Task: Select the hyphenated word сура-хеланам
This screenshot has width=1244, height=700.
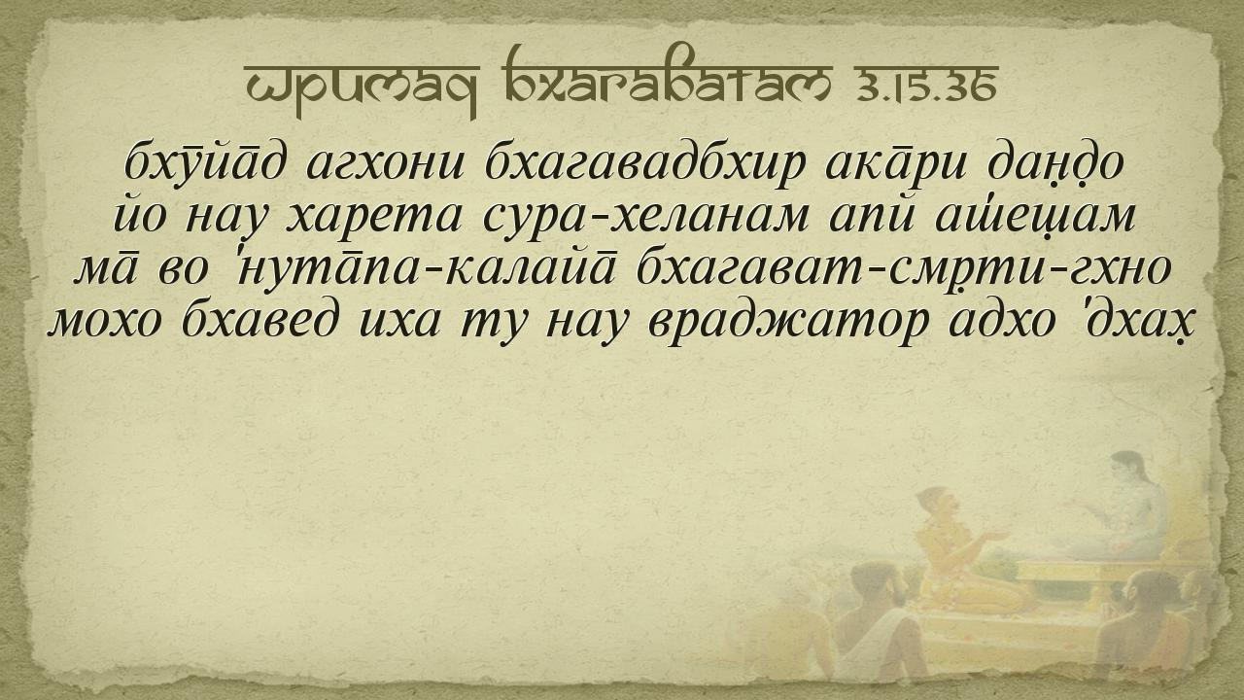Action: (x=645, y=218)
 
